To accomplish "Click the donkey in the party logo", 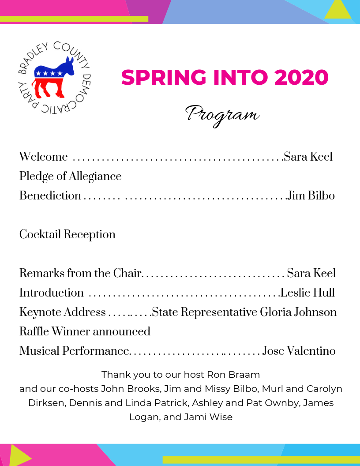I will pos(54,77).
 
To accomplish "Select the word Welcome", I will pos(43,157).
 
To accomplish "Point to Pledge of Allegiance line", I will pos(70,176).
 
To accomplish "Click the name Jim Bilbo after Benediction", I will pos(311,195).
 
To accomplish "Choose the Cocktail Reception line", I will pos(67,234).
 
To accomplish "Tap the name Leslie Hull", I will pos(307,293).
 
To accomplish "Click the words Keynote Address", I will pos(62,312).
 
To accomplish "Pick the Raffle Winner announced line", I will pos(85,331).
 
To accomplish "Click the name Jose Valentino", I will pos(299,351).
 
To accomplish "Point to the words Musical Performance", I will pos(74,351).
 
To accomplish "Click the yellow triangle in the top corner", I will pos(338,10).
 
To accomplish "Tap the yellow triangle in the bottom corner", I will pos(19,455).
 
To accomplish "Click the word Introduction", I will pos(51,293).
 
